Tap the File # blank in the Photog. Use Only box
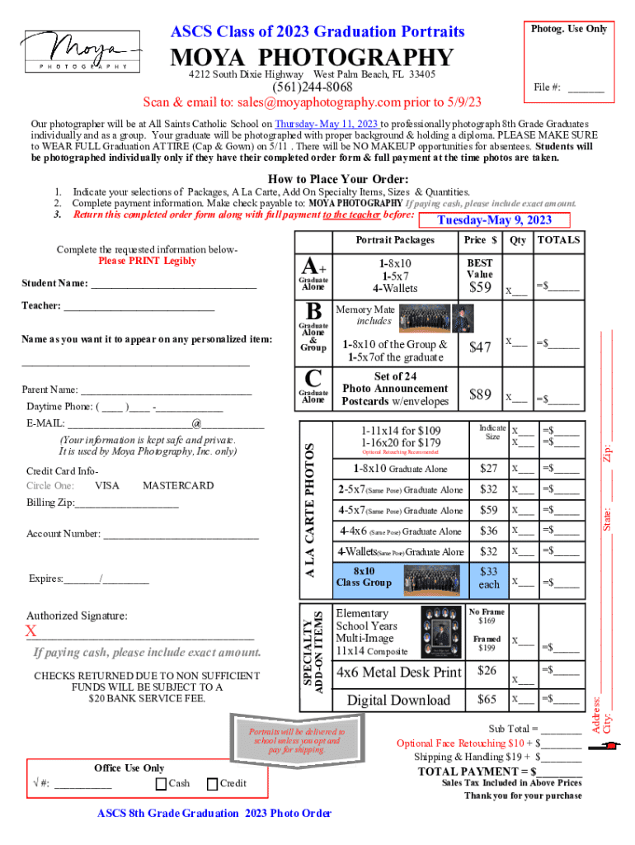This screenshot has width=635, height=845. click(x=586, y=87)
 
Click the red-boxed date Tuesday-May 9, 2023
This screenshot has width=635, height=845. click(x=493, y=220)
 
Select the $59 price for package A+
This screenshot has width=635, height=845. click(x=479, y=288)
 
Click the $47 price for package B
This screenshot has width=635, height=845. click(x=479, y=347)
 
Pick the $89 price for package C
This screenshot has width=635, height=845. click(x=479, y=394)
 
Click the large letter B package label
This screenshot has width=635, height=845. click(x=313, y=312)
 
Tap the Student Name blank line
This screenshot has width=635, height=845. click(x=174, y=285)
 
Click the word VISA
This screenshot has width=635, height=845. click(x=107, y=485)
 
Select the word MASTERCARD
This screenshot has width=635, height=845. click(x=178, y=485)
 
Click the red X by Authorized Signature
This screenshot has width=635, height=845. click(x=31, y=632)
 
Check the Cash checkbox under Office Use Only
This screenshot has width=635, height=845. click(x=161, y=783)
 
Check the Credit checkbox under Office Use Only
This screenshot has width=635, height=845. click(x=212, y=783)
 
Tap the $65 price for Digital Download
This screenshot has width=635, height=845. click(x=487, y=699)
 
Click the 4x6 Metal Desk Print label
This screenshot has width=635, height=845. click(x=398, y=672)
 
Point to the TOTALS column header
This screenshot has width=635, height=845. click(x=558, y=240)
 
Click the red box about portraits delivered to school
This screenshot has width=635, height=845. click(x=297, y=740)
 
